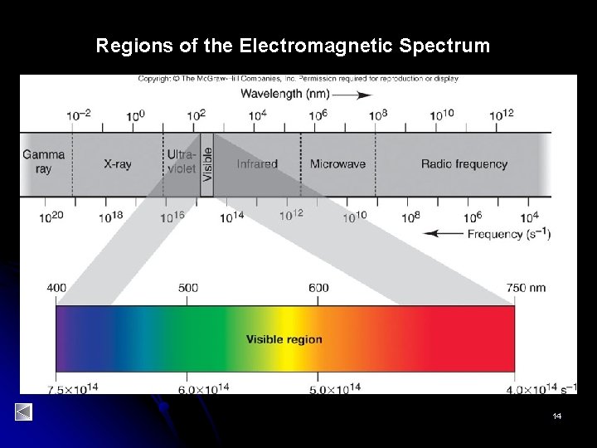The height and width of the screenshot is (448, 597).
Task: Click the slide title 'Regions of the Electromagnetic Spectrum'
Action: pyautogui.click(x=293, y=46)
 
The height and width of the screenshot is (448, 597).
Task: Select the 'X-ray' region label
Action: pyautogui.click(x=117, y=164)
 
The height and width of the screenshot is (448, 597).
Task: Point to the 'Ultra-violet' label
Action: pyautogui.click(x=182, y=162)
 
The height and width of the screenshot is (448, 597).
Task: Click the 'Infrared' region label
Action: pyautogui.click(x=257, y=164)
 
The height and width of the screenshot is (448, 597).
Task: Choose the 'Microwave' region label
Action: pyautogui.click(x=337, y=164)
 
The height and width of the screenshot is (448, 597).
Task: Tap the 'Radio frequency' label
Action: pyautogui.click(x=464, y=164)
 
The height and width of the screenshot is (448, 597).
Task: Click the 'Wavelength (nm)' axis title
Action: pyautogui.click(x=281, y=95)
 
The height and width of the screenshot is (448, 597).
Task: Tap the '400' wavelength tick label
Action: pyautogui.click(x=56, y=288)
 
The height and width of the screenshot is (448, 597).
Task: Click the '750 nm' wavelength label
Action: pyautogui.click(x=527, y=288)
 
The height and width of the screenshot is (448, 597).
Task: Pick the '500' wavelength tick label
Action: pyautogui.click(x=188, y=288)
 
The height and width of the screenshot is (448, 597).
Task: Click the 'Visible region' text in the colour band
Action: pyautogui.click(x=284, y=339)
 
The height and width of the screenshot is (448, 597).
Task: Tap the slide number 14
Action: pyautogui.click(x=557, y=415)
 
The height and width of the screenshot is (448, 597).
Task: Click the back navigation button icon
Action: pyautogui.click(x=23, y=411)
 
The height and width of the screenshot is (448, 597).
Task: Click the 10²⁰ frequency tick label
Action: pyautogui.click(x=52, y=218)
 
